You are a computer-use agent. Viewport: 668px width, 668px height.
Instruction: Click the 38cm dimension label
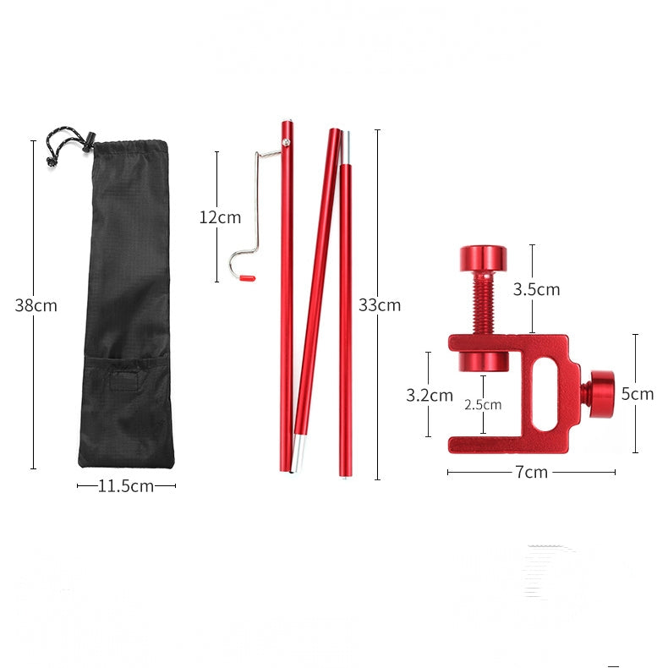[36, 305]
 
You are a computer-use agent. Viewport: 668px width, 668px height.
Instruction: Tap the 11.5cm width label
[126, 485]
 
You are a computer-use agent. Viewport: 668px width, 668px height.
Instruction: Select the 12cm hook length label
[220, 217]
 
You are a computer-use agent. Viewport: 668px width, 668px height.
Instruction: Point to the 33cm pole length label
[380, 305]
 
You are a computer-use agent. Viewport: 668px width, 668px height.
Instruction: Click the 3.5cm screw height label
[536, 290]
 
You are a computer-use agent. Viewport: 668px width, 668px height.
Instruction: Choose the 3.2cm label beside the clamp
[429, 396]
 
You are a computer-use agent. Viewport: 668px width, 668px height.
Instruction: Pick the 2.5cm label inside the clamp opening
[483, 405]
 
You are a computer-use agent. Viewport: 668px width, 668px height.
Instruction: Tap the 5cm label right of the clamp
[638, 394]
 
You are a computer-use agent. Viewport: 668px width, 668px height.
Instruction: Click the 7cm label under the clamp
[531, 472]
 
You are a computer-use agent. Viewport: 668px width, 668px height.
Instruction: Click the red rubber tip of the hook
[247, 278]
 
